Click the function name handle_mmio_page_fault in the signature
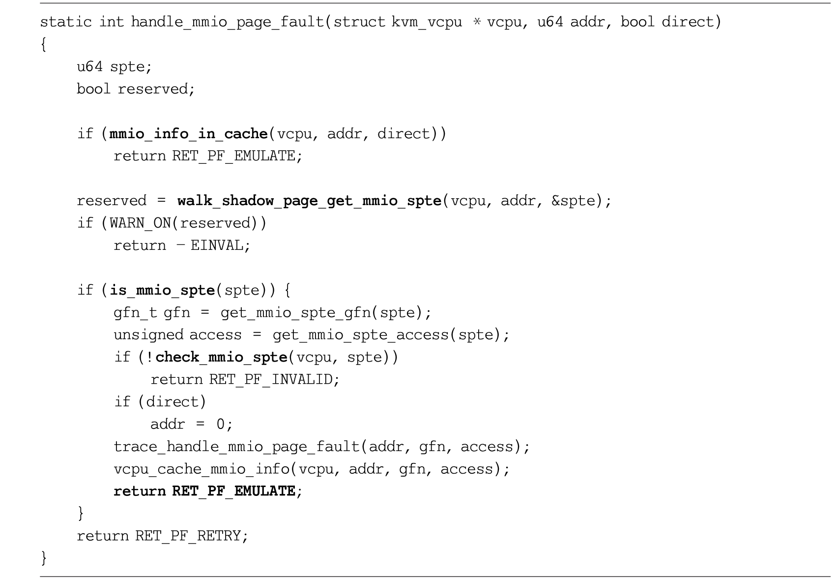coord(228,22)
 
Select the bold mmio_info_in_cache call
coord(188,134)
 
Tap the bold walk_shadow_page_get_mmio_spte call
coord(310,201)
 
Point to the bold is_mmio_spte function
coord(162,290)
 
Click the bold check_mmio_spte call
coord(221,358)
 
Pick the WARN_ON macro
coord(141,223)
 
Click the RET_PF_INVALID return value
coord(271,379)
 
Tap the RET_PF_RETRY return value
coord(188,536)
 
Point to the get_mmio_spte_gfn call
coord(296,312)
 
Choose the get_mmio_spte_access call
coord(361,335)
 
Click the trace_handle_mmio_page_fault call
coord(237,447)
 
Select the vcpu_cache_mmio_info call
coord(202,469)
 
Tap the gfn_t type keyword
coord(135,312)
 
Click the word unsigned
coord(148,335)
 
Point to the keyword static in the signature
coord(66,22)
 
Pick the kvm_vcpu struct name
coord(427,22)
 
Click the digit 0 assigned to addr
coord(221,425)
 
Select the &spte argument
coord(573,201)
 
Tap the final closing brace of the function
coord(44,558)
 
